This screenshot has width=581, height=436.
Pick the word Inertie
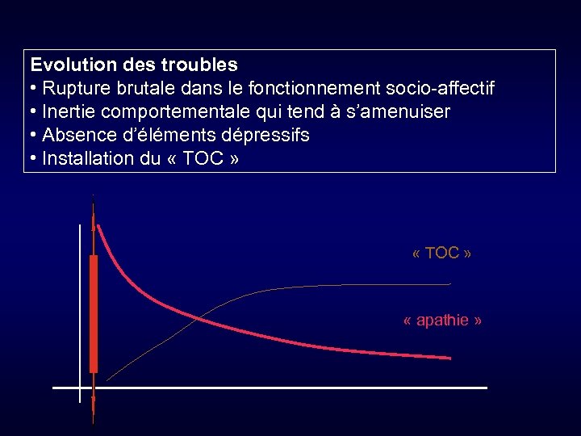(68, 111)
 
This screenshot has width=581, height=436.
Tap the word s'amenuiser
(399, 111)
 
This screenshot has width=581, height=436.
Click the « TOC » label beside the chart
(441, 254)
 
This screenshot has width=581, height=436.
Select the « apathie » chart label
(442, 321)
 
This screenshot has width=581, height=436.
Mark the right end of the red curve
(449, 357)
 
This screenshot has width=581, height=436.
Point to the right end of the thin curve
(449, 284)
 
